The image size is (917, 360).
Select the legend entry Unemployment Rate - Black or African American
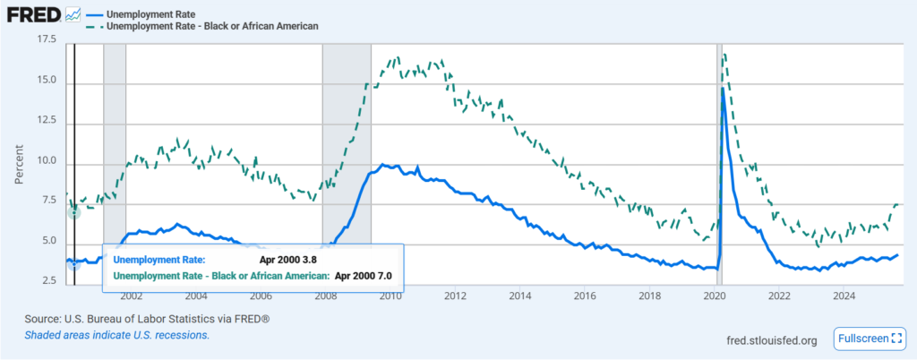[x=211, y=26]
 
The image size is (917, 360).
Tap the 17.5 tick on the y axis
[x=44, y=40]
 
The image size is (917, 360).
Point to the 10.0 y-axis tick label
[x=44, y=162]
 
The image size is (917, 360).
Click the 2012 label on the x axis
[x=454, y=295]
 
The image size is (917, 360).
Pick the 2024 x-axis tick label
[x=843, y=295]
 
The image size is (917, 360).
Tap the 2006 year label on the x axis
[x=260, y=295]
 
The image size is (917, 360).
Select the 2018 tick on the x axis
[x=648, y=295]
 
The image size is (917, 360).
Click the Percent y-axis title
[x=19, y=162]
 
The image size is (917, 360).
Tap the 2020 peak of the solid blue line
[x=722, y=88]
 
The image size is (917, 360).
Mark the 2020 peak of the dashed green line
[x=724, y=54]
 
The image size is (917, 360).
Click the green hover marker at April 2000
[x=74, y=212]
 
